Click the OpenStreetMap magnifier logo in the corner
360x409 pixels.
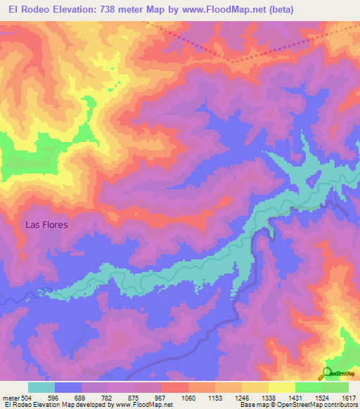[326, 373]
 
